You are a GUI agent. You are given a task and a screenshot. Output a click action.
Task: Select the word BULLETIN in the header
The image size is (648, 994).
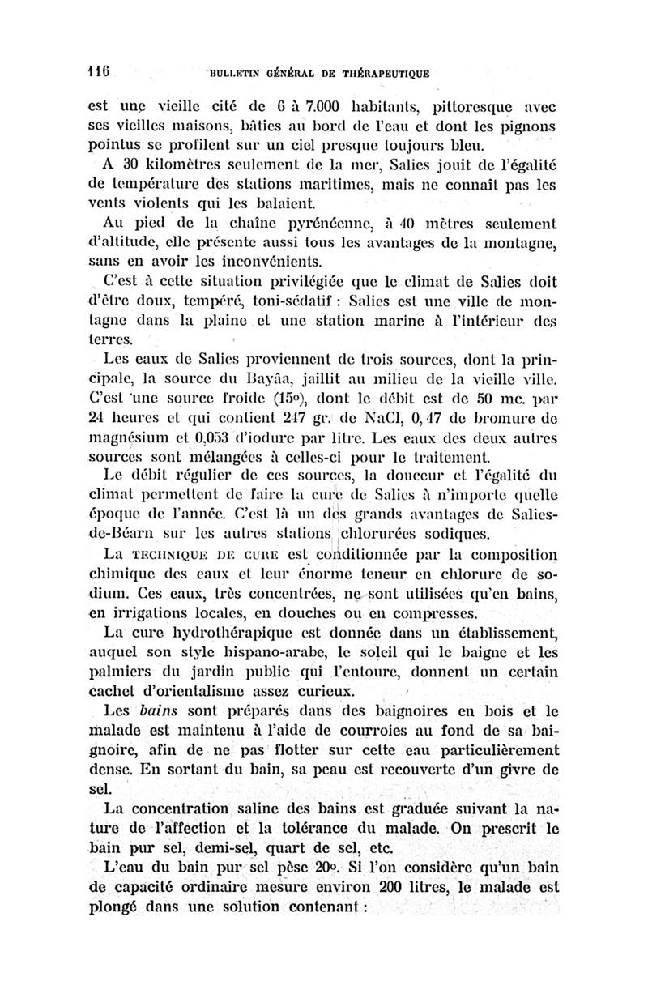coord(236,73)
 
